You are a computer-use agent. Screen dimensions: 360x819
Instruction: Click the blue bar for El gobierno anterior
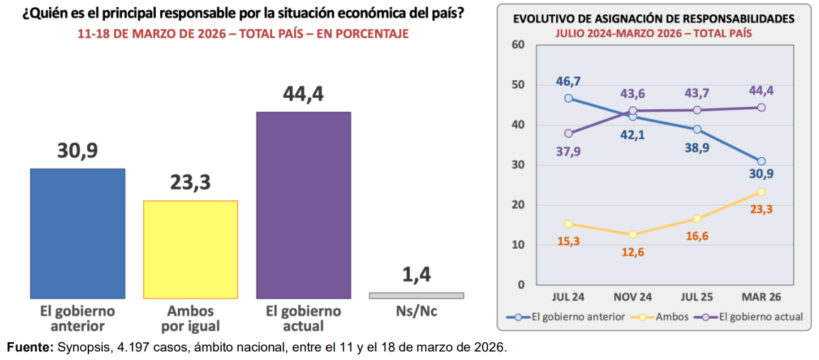77,233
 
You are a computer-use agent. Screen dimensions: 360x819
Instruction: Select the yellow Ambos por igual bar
191,249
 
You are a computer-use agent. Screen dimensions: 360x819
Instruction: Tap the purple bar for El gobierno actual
303,205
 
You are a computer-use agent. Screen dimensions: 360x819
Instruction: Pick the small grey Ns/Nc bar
416,295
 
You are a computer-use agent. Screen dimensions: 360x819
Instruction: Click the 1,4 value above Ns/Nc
417,276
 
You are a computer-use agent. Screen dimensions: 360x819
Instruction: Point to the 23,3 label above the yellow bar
191,183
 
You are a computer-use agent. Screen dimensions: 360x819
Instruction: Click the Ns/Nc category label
417,311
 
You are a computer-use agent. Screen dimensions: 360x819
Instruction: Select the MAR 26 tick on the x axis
761,297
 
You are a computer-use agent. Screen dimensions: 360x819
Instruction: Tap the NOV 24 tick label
632,297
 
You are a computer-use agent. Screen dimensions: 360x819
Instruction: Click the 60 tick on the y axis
517,45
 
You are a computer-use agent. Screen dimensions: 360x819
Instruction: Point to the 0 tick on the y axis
521,285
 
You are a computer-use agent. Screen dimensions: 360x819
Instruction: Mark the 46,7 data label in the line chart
568,81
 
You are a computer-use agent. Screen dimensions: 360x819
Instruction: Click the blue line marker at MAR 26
762,162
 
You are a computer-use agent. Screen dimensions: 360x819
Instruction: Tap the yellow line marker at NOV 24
633,235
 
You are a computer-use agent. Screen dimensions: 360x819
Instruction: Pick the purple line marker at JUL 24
568,133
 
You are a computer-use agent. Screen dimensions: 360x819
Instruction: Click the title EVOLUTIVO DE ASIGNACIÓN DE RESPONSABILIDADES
653,19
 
